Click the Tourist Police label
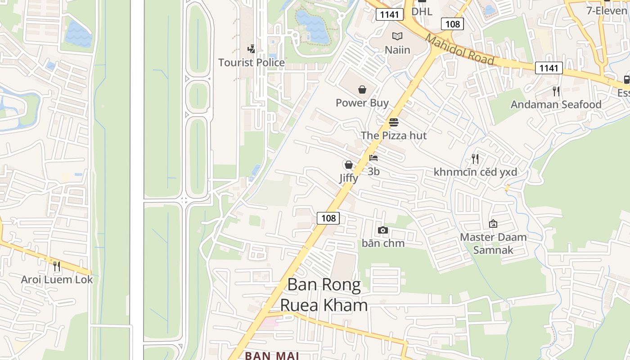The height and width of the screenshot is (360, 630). pos(252,63)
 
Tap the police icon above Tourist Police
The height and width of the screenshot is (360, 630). pos(252,49)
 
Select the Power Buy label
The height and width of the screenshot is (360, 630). pos(362,103)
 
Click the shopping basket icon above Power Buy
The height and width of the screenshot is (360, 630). pos(362,89)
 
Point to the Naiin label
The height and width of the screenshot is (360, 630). pos(397,49)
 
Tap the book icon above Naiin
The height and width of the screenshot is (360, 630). pos(397,36)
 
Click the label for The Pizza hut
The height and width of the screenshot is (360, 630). pos(394,135)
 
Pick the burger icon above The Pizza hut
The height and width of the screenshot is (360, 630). pos(394,122)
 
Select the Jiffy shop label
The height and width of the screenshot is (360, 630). pos(349,178)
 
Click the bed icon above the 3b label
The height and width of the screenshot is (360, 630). pos(373,158)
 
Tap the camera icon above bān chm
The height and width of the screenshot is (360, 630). pos(383,230)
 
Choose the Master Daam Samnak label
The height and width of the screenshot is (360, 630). pos(493,243)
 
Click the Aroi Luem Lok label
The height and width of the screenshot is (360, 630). pos(57,279)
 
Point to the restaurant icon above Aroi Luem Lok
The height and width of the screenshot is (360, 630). pos(57,266)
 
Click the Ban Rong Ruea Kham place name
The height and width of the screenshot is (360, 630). pos(324,295)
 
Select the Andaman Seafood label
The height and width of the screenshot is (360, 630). pos(556,104)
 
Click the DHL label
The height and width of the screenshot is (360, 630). pos(422,11)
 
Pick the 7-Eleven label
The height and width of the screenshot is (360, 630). pos(607,10)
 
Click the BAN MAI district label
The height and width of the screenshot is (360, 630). pos(272,355)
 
